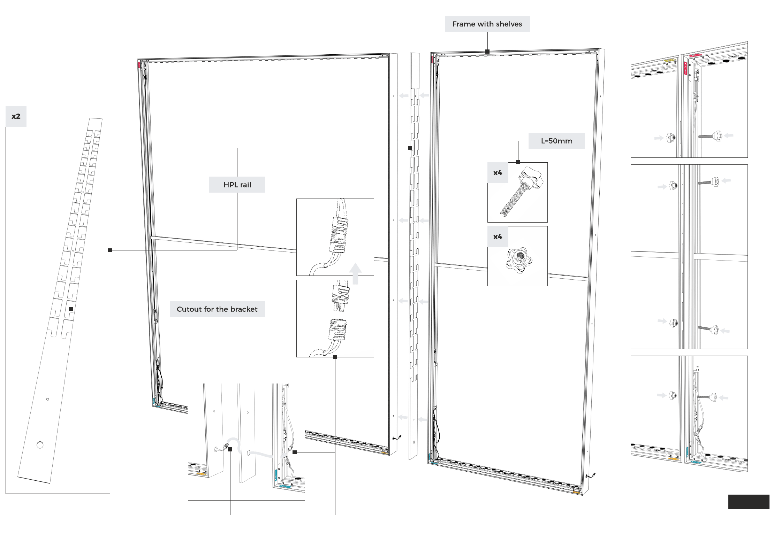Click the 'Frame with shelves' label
(x=487, y=24)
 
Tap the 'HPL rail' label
(x=237, y=185)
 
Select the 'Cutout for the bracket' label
(x=217, y=309)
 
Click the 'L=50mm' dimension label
(x=556, y=141)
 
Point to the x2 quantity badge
(x=16, y=116)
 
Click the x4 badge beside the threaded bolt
(x=498, y=173)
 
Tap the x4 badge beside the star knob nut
(x=498, y=237)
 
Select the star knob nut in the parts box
(x=518, y=260)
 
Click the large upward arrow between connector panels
(x=355, y=274)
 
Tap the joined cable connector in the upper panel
(x=339, y=235)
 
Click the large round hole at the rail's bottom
(x=40, y=445)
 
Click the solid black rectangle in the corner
(x=749, y=502)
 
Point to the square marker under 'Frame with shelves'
(x=487, y=52)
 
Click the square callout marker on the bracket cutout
(x=71, y=309)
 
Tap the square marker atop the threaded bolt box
(x=518, y=162)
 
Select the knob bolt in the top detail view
(x=710, y=136)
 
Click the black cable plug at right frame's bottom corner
(x=593, y=475)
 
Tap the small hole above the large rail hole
(x=48, y=399)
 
